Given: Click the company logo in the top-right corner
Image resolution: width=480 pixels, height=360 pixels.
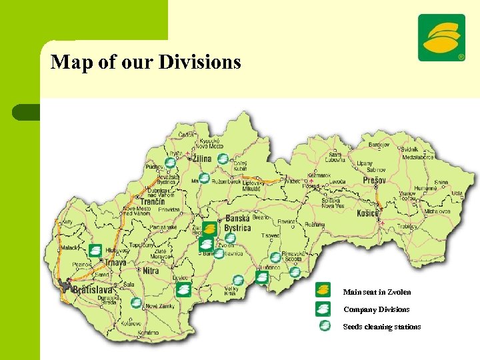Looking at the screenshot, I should pos(441,37).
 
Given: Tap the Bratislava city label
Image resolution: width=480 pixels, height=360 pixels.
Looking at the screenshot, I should pos(93,290).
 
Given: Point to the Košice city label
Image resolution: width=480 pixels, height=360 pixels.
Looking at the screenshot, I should pos(367,213).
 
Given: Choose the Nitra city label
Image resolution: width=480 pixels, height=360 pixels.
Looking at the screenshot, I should pos(151,271).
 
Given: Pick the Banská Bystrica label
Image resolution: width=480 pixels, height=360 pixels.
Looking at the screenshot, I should pos(238,223).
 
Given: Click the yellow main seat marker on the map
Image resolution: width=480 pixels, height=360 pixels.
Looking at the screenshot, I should pos(209,229).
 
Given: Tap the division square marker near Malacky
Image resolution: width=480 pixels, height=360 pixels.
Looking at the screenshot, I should pos(95,251).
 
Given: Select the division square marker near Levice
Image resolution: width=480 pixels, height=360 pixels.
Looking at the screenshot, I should pos(183,289).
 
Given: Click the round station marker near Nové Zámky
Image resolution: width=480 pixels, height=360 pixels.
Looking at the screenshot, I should pos(136,303).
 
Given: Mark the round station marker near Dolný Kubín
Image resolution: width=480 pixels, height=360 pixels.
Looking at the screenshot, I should pos(223,159).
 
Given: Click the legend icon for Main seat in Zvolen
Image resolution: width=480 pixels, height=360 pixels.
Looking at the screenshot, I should pos(323,290).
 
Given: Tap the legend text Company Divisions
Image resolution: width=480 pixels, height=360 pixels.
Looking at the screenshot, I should pos(376,309).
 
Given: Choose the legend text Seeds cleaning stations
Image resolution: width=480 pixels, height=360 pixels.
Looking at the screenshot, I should pos(381,327).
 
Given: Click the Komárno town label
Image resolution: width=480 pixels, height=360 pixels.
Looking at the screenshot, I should pos(148,331).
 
